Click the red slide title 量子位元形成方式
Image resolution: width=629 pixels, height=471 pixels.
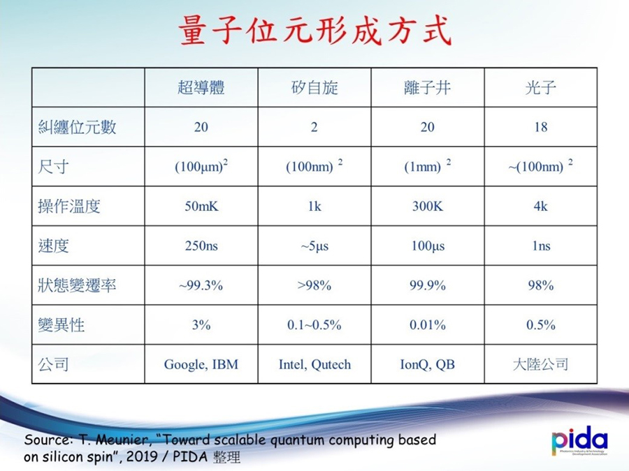(x=315, y=31)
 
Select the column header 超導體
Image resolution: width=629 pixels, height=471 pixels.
(x=201, y=88)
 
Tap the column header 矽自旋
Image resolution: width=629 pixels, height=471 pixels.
(x=314, y=88)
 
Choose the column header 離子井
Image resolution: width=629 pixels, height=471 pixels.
(x=428, y=88)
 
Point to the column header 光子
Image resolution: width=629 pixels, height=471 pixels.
(x=541, y=88)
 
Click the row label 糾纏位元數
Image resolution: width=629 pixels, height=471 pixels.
(x=78, y=127)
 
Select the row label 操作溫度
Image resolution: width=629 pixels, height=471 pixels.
(x=69, y=207)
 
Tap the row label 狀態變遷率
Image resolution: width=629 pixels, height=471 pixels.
(x=78, y=285)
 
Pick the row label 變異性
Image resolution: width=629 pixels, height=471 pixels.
(x=62, y=324)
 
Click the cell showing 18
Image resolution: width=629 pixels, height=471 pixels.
(x=541, y=127)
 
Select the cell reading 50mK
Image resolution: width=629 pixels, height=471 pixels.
(x=201, y=207)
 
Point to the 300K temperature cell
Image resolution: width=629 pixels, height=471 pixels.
(x=428, y=207)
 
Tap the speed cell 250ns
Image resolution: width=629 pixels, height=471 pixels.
(x=201, y=246)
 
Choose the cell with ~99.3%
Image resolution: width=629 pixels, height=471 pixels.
(x=201, y=285)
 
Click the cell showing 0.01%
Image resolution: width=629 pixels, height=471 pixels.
(x=428, y=324)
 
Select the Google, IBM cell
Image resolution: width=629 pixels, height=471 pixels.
(x=201, y=364)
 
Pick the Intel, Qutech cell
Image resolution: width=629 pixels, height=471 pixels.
(x=315, y=364)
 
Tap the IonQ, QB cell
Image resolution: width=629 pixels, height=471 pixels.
(x=428, y=364)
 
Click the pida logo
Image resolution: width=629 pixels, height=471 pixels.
(x=579, y=440)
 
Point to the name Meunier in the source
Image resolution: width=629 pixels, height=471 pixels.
(x=123, y=440)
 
